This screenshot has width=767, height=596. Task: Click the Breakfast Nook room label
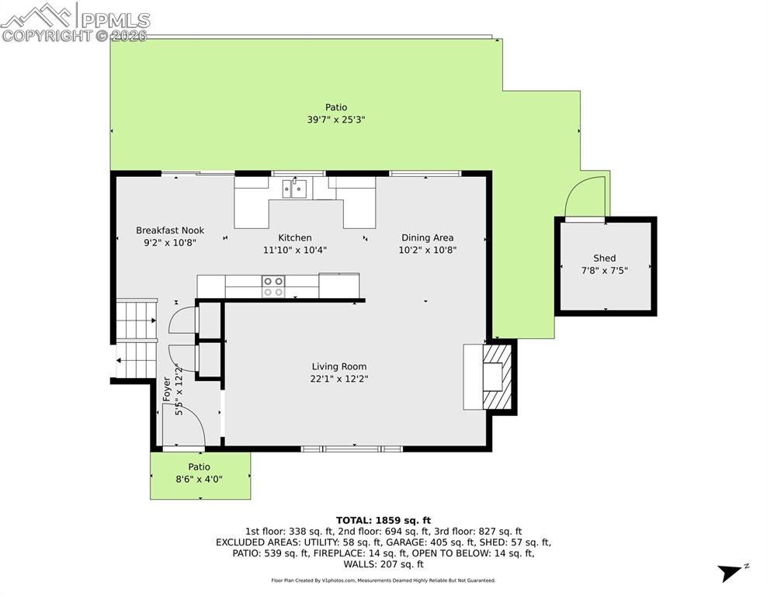170,230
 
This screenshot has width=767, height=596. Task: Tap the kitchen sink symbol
294,188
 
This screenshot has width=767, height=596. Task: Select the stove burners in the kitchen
272,286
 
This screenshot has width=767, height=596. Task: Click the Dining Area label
427,238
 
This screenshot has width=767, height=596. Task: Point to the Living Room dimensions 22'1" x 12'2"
339,379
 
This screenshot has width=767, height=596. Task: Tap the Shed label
604,258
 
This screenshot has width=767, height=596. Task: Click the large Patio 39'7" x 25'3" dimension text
336,120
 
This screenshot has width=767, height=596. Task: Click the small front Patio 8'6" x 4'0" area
200,479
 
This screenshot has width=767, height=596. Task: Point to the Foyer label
166,388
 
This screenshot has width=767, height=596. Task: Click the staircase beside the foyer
137,340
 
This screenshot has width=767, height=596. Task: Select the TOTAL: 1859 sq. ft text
383,520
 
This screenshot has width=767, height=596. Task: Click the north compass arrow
731,573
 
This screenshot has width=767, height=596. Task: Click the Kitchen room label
295,238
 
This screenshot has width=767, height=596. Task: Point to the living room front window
352,449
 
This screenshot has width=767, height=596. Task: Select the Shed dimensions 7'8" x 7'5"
604,270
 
